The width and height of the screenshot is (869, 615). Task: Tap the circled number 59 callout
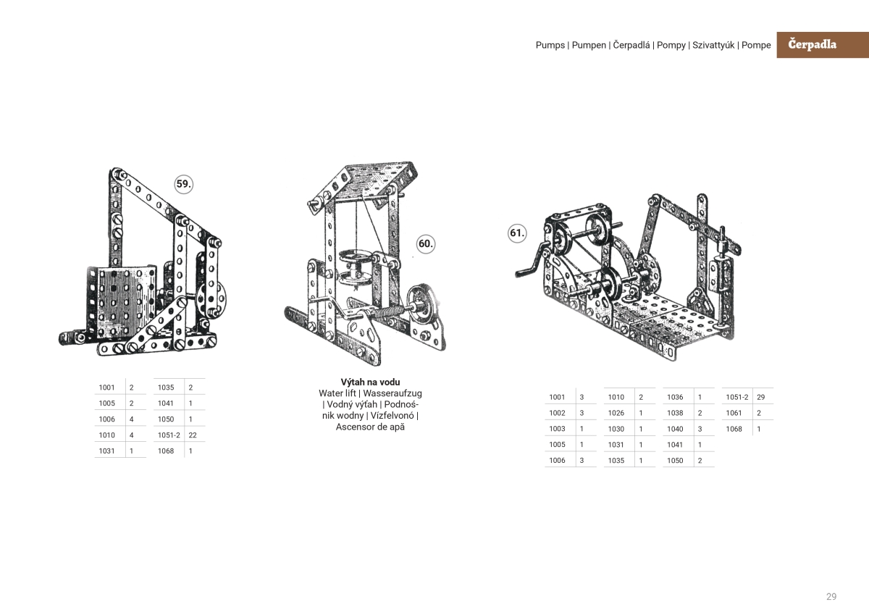pyautogui.click(x=184, y=184)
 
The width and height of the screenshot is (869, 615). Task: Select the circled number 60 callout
pyautogui.click(x=426, y=244)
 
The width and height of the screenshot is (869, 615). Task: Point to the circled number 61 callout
pyautogui.click(x=516, y=233)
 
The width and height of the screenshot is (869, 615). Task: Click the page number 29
pyautogui.click(x=831, y=596)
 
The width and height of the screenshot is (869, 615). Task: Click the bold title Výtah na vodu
pyautogui.click(x=370, y=382)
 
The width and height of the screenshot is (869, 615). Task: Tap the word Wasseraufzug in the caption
pyautogui.click(x=392, y=393)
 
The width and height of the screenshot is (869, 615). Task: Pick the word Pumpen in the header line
pyautogui.click(x=589, y=45)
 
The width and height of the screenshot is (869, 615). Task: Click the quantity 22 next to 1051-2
pyautogui.click(x=193, y=435)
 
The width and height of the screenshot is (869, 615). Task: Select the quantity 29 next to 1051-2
pyautogui.click(x=760, y=397)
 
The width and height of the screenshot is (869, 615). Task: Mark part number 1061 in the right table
pyautogui.click(x=734, y=413)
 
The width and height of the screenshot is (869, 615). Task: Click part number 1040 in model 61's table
pyautogui.click(x=675, y=429)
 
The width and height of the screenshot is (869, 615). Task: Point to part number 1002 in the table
pyautogui.click(x=557, y=413)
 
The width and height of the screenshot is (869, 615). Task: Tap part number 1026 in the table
pyautogui.click(x=616, y=413)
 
